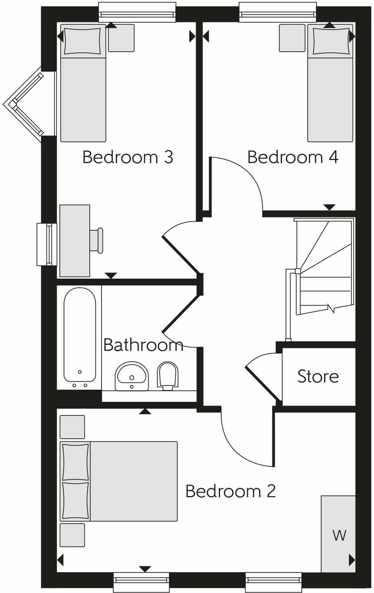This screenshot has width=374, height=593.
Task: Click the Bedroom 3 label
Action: tap(128, 157)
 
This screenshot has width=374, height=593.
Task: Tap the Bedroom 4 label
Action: tap(293, 157)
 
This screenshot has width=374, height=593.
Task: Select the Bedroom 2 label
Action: tap(230, 491)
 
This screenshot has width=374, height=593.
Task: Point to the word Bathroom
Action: tap(143, 345)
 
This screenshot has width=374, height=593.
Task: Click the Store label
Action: tap(318, 376)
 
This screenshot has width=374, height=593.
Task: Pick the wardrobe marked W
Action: tap(338, 534)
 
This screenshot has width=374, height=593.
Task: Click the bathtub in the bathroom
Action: tap(79, 335)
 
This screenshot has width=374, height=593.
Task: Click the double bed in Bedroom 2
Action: tap(125, 481)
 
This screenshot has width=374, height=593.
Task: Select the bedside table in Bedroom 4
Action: tap(292, 38)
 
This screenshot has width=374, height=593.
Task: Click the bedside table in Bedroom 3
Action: tap(121, 38)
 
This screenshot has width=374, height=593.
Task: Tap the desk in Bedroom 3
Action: tap(74, 241)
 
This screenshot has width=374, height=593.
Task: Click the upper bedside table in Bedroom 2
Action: tap(72, 427)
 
